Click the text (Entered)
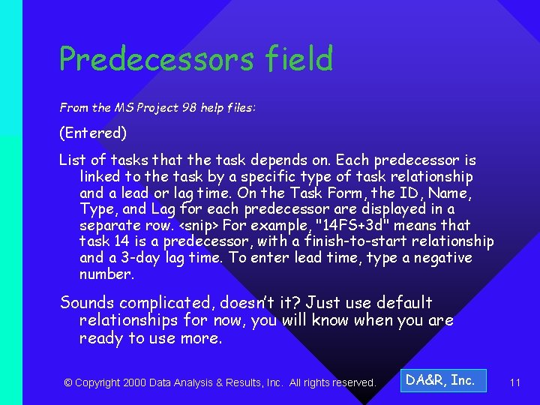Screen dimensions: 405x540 click(93, 133)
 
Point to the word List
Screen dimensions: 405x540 click(73, 160)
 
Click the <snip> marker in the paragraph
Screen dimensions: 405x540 click(196, 225)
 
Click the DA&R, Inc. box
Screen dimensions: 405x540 click(441, 380)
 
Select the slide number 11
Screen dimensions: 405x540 click(514, 382)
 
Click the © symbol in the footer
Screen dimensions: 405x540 click(68, 382)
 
